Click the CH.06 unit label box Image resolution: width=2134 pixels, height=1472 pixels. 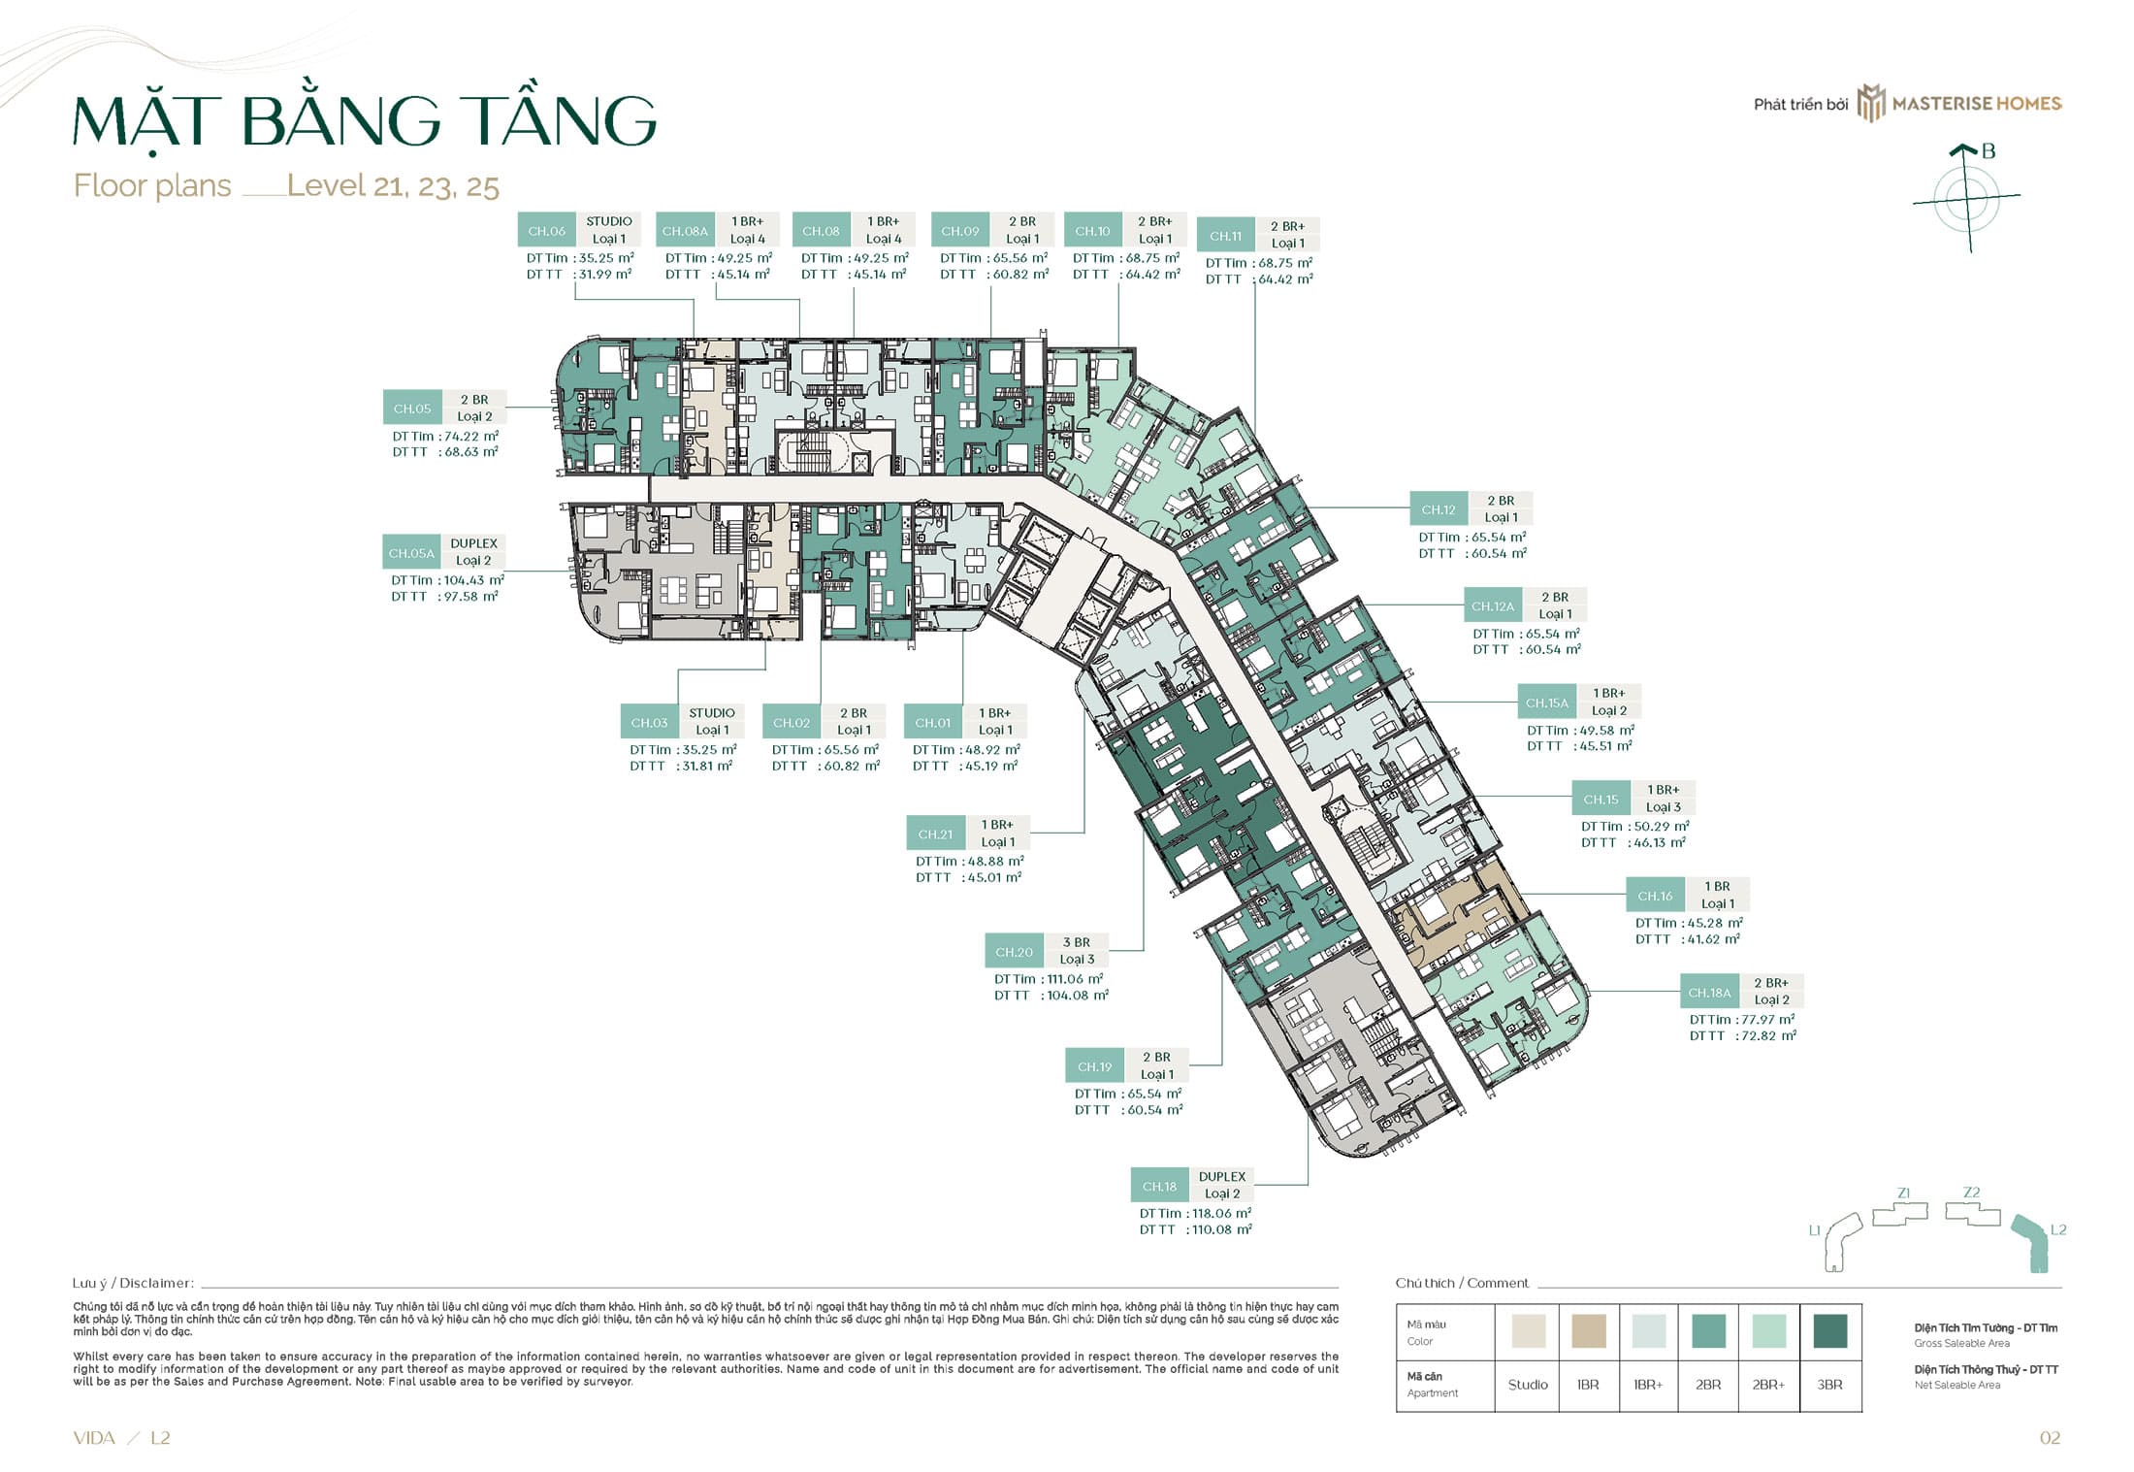[x=546, y=231]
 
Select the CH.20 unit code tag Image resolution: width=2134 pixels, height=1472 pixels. [x=1014, y=952]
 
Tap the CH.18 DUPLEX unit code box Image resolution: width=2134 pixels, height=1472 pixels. [x=1159, y=1186]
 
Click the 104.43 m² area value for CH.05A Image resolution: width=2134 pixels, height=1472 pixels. [x=473, y=580]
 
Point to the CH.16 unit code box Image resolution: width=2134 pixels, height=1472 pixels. [x=1655, y=896]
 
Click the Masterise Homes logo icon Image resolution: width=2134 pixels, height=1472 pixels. [x=1870, y=103]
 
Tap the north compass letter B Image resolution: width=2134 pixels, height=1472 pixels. [x=1988, y=151]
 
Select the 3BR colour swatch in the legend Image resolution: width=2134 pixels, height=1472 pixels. [x=1829, y=1331]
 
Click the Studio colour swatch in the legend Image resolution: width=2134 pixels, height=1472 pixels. [x=1528, y=1331]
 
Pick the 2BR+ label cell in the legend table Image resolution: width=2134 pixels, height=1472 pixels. [x=1768, y=1385]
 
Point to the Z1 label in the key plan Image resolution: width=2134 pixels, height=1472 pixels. [x=1903, y=1194]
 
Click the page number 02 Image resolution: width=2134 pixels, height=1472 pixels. [x=2050, y=1438]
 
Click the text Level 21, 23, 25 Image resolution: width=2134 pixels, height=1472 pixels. [x=393, y=185]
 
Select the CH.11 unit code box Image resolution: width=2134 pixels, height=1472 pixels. [x=1225, y=236]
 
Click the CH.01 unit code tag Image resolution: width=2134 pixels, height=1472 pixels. [x=932, y=723]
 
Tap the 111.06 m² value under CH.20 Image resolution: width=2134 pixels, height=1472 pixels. [x=1074, y=979]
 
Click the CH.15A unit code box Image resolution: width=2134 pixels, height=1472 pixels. [x=1546, y=703]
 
